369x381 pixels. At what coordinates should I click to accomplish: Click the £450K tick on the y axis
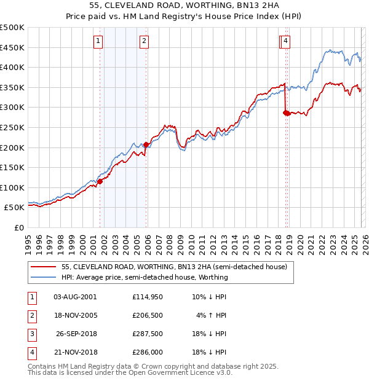point(12,47)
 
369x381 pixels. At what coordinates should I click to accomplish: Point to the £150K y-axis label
point(12,167)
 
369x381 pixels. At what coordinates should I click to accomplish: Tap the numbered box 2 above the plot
point(144,41)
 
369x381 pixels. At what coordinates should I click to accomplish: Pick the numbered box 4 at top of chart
point(287,41)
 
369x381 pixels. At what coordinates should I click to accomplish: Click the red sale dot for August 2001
point(100,181)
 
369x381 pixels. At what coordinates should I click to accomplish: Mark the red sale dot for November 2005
point(146,145)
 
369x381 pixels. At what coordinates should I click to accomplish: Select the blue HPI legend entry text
point(145,277)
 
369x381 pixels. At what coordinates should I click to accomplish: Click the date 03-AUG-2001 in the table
point(75,297)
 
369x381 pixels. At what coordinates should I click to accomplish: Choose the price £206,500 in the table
point(148,315)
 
